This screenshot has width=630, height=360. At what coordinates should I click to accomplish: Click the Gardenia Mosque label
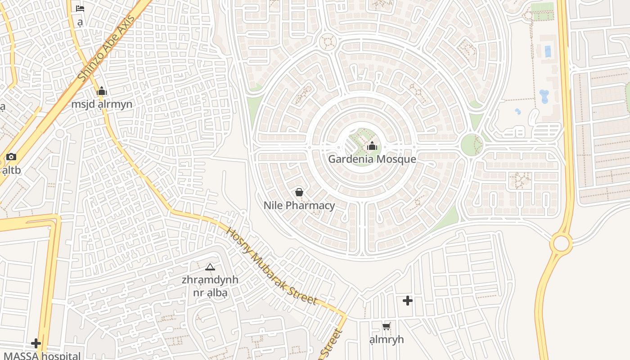click(372, 159)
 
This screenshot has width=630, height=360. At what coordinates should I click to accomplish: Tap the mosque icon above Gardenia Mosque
click(372, 146)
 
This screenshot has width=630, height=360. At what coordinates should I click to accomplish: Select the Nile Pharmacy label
click(299, 206)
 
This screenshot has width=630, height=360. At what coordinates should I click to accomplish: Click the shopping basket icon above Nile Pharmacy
click(299, 193)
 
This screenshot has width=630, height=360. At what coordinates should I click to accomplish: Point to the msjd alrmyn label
click(102, 104)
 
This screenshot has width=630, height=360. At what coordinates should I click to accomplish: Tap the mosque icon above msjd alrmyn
click(102, 91)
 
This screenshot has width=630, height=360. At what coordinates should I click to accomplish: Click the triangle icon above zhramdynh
click(210, 267)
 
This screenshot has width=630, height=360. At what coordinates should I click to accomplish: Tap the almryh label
click(386, 340)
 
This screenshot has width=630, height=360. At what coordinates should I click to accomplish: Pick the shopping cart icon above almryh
click(386, 327)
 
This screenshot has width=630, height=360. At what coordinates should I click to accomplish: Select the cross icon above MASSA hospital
click(36, 344)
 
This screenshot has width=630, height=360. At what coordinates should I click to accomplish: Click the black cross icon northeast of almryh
click(408, 301)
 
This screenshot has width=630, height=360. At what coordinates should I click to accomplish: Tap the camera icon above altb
click(11, 157)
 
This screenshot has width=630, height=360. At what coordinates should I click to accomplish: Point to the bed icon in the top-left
click(80, 8)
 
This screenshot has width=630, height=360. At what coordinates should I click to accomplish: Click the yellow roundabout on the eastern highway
click(561, 243)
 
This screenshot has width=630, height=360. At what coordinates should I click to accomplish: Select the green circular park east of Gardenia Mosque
click(472, 145)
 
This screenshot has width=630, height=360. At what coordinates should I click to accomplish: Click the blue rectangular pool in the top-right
click(548, 51)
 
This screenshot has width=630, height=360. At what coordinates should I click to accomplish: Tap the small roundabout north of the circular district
click(328, 42)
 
